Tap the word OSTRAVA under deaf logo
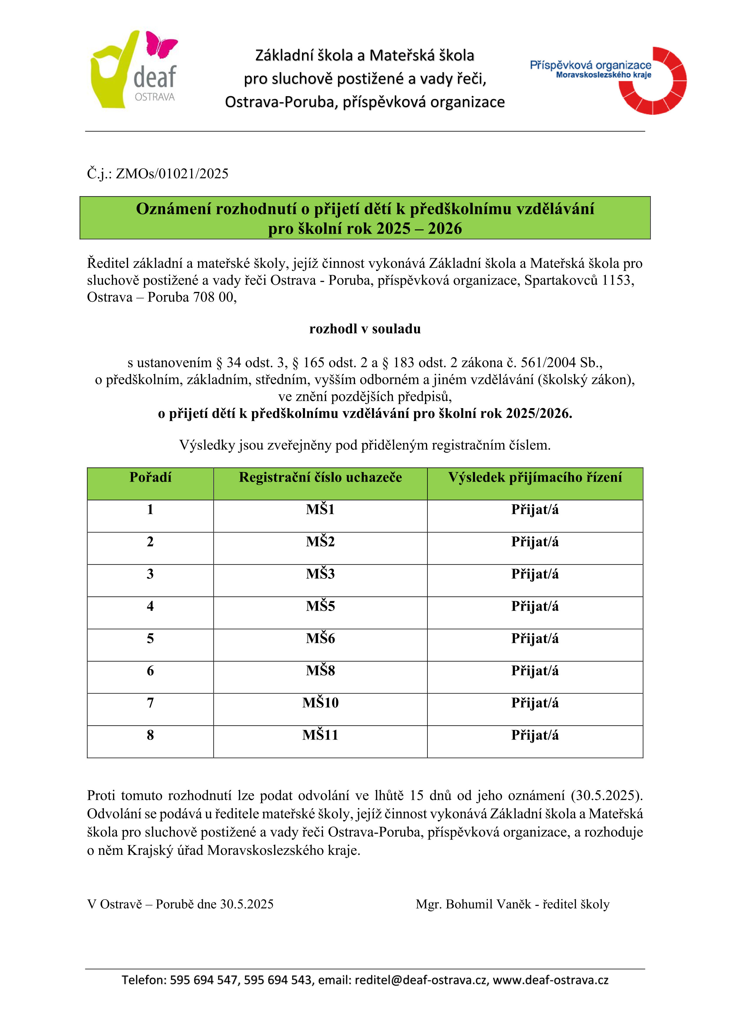155,97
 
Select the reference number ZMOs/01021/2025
172,174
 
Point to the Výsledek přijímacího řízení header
535,477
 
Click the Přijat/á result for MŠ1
535,510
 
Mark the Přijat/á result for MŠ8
535,671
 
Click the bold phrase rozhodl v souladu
365,329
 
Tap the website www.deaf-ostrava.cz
551,980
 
